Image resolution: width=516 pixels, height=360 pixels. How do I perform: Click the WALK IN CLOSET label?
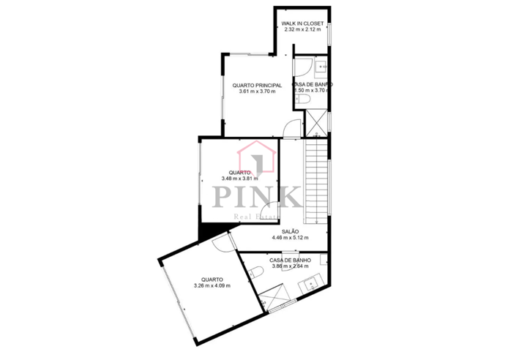point(302,23)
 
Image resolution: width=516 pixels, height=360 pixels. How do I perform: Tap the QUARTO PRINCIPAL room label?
point(247,85)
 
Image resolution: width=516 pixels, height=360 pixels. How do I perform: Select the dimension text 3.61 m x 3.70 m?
point(247,91)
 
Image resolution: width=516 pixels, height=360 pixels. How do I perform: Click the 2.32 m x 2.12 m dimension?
point(302,30)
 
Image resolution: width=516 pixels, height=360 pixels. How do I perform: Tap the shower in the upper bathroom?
point(316,122)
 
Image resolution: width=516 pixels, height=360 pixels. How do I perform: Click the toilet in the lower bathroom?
point(255,274)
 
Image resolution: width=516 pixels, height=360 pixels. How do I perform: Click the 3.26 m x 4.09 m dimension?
point(212,285)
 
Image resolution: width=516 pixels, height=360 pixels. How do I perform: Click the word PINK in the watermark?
point(257,196)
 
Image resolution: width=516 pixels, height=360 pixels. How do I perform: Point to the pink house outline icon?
point(257,160)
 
